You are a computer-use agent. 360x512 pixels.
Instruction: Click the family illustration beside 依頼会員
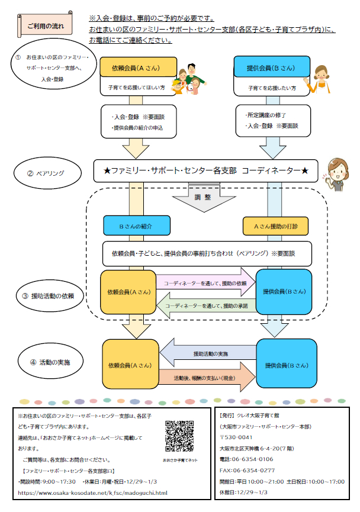pos(188,80)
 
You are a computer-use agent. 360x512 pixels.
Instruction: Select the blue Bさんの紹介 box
pos(136,226)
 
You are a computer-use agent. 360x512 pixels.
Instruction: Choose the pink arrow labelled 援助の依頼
pos(205,283)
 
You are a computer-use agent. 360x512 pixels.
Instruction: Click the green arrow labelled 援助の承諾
pos(205,305)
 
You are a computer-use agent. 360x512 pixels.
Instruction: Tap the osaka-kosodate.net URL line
pos(93,492)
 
